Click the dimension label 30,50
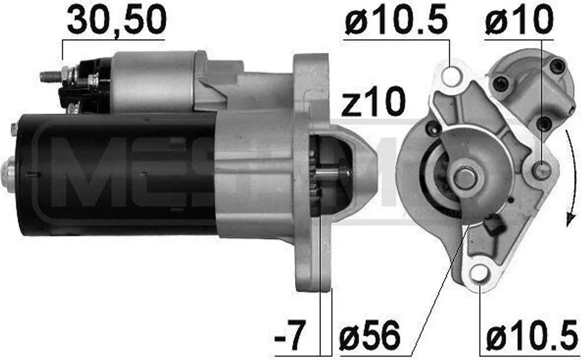point(116,20)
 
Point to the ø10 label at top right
point(518,20)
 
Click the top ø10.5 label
point(396,20)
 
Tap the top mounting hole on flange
point(451,77)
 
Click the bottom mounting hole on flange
point(479,273)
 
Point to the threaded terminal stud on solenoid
point(51,75)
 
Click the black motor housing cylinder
point(113,173)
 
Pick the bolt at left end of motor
point(7,168)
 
